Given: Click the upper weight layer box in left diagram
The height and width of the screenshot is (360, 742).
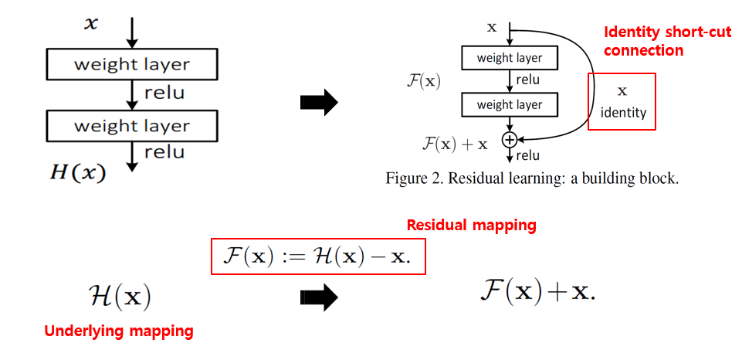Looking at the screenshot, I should pyautogui.click(x=131, y=64).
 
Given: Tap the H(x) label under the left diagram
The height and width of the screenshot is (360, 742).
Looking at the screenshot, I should pyautogui.click(x=76, y=172).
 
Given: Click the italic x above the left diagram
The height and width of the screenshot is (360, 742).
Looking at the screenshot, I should pyautogui.click(x=91, y=23).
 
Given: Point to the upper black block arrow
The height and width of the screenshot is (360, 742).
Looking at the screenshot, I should pyautogui.click(x=318, y=101).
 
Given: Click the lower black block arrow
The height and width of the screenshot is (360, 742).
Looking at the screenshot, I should pyautogui.click(x=318, y=295).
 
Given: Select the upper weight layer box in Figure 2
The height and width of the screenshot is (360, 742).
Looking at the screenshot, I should pyautogui.click(x=509, y=58).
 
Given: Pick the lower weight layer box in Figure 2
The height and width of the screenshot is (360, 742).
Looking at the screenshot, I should pyautogui.click(x=509, y=104).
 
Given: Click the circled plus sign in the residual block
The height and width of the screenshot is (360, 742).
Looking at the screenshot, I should pyautogui.click(x=509, y=140).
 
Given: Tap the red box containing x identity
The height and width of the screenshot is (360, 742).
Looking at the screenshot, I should pyautogui.click(x=622, y=101).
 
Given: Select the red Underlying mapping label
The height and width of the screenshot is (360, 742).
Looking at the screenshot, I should pyautogui.click(x=118, y=331).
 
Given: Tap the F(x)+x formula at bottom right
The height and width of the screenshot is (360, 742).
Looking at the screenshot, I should pyautogui.click(x=538, y=290).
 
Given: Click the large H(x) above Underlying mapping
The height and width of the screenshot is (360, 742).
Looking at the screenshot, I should pyautogui.click(x=119, y=296).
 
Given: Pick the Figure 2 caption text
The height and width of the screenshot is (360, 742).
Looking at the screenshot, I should pyautogui.click(x=532, y=178).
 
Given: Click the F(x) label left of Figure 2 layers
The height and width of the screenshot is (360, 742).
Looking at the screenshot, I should pyautogui.click(x=423, y=80).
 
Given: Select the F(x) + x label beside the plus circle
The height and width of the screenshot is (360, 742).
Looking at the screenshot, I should pyautogui.click(x=455, y=143).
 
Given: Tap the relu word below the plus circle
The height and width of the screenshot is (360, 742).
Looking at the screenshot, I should pyautogui.click(x=528, y=156).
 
